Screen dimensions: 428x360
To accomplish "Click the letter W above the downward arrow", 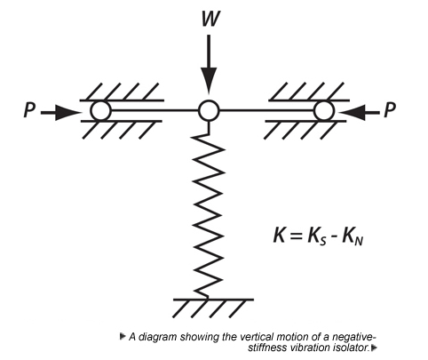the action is pyautogui.click(x=210, y=19).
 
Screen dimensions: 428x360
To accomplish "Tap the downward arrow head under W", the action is pyautogui.click(x=209, y=81).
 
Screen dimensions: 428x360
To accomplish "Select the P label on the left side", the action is pyautogui.click(x=29, y=110).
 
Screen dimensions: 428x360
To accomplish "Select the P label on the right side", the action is pyautogui.click(x=390, y=110).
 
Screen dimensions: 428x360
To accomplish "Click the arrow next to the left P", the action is pyautogui.click(x=60, y=113).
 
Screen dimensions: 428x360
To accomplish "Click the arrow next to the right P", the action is pyautogui.click(x=359, y=113).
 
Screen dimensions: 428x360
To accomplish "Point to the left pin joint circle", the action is pyautogui.click(x=101, y=110).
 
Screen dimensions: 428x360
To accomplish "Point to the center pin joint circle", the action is pyautogui.click(x=209, y=110).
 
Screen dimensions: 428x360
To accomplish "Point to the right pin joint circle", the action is pyautogui.click(x=324, y=111).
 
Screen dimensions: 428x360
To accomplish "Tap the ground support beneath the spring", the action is pyautogui.click(x=213, y=308).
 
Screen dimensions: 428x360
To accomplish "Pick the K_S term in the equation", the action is pyautogui.click(x=317, y=237).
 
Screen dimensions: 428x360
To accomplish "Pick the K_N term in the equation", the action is pyautogui.click(x=353, y=237).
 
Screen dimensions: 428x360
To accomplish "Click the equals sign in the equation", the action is pyautogui.click(x=297, y=236).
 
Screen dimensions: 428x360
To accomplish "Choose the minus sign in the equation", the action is pyautogui.click(x=335, y=238).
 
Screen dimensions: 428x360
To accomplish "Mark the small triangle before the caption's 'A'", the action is pyautogui.click(x=122, y=336).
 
